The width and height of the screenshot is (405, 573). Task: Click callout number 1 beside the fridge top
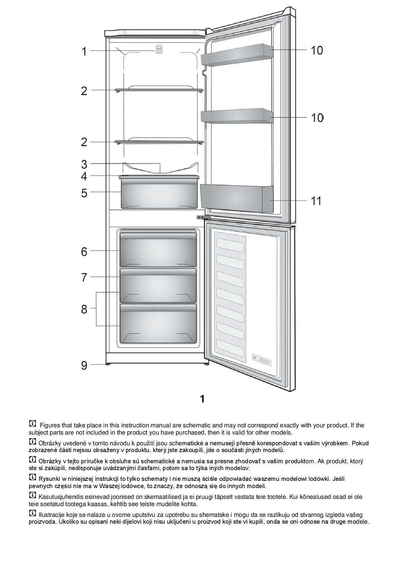coord(84,51)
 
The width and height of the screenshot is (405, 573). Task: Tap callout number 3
coord(84,164)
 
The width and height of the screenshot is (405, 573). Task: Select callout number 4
coord(84,176)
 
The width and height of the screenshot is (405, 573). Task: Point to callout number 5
coord(84,193)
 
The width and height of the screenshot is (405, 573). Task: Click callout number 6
coord(84,252)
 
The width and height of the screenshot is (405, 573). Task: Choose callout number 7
coord(84,277)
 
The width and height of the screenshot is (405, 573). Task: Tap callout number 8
coord(84,309)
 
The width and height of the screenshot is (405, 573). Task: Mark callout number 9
coord(84,365)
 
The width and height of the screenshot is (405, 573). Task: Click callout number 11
coord(316,201)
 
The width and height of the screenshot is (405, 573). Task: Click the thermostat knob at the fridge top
coord(159,49)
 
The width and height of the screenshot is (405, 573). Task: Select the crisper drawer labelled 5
coord(159,195)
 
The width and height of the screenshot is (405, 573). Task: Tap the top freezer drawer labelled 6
coord(158,250)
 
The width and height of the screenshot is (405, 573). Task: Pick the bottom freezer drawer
coord(158,323)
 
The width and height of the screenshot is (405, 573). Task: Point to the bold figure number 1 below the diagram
coord(202,399)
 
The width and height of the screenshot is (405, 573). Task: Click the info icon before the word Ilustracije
coord(33,513)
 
